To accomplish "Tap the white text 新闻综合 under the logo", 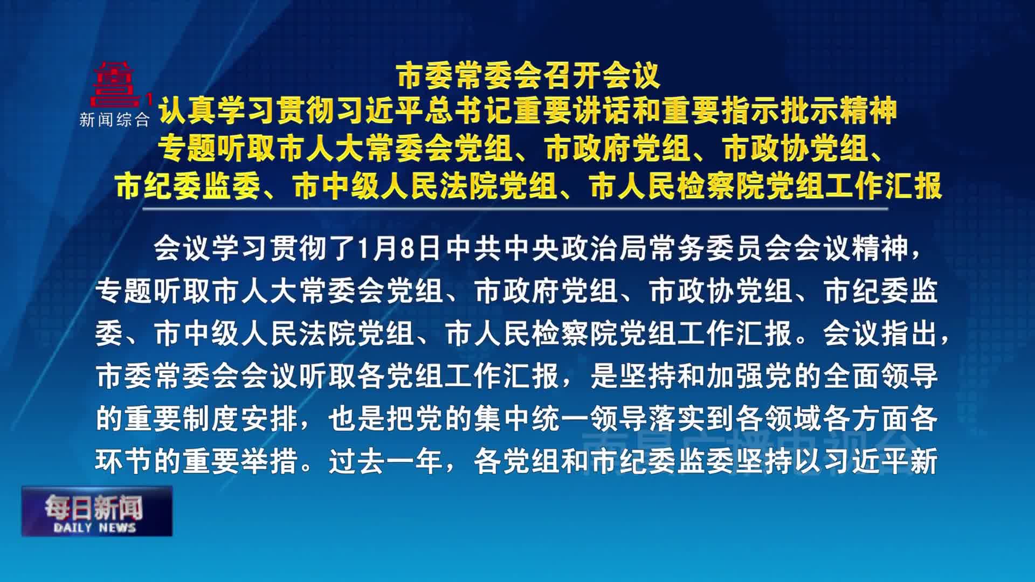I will pos(114,120).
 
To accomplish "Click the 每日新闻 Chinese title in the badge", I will pos(94,507).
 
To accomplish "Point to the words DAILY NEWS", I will pos(95,528).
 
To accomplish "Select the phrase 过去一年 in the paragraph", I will pos(386,462).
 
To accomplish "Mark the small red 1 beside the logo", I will pos(149,99).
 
